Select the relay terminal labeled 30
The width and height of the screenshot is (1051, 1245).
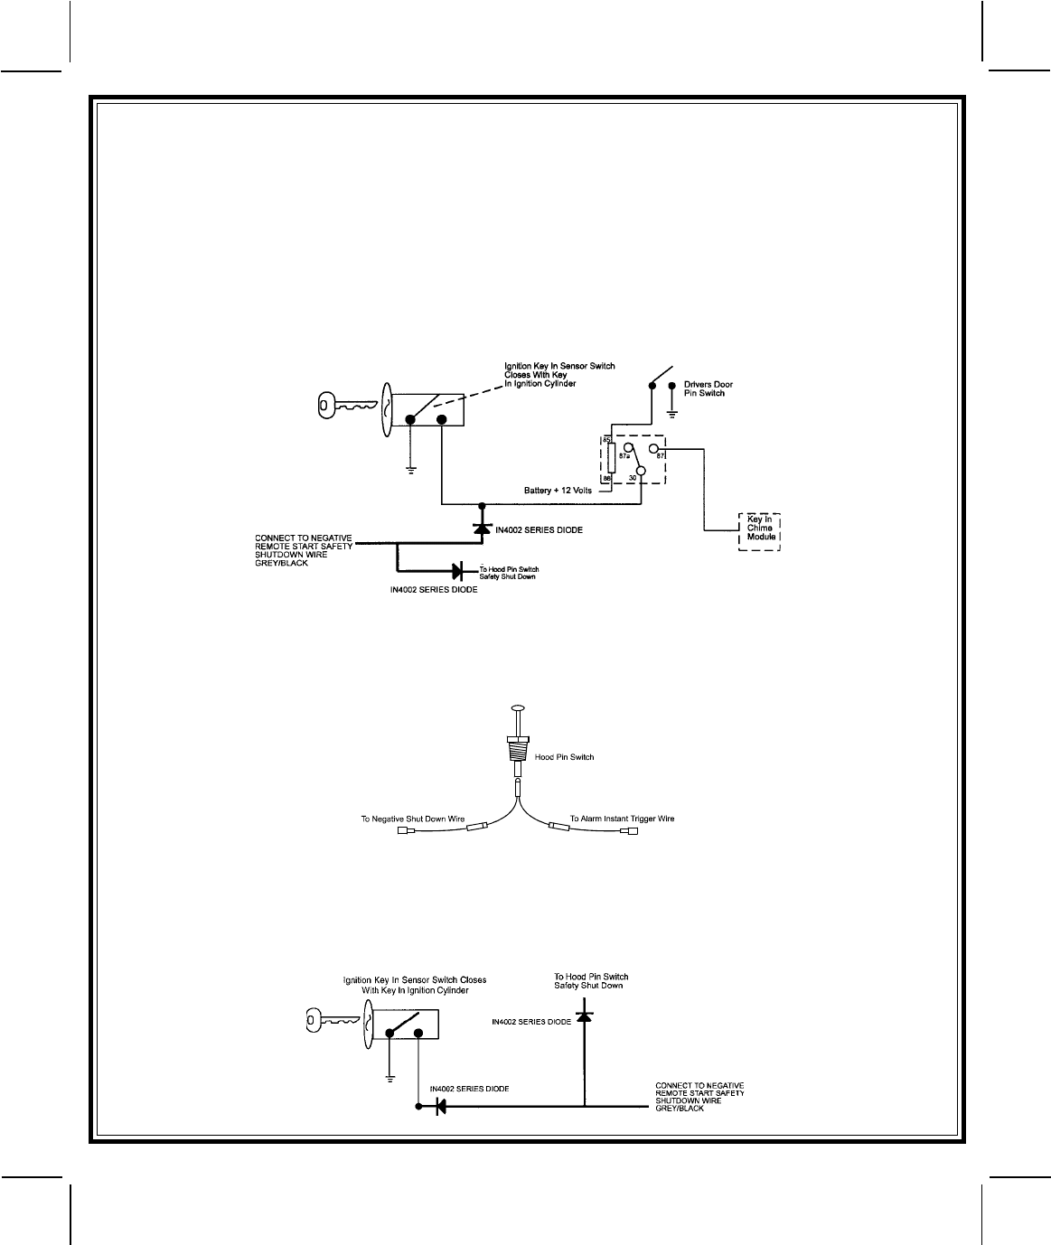[x=640, y=470]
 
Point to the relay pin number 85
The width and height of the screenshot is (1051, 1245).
[x=607, y=440]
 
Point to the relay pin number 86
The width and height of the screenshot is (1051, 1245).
[x=607, y=478]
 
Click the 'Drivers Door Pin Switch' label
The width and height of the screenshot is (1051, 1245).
[x=704, y=388]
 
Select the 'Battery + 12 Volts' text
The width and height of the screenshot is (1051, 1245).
[x=558, y=491]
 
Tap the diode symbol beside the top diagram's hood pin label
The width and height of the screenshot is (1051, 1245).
[x=456, y=571]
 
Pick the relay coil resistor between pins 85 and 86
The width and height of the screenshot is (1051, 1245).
[x=611, y=459]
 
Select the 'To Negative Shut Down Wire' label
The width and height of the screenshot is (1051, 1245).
[x=412, y=819]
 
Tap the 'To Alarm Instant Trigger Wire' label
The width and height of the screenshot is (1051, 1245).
[x=622, y=819]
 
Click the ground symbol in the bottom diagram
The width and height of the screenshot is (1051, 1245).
[x=389, y=1077]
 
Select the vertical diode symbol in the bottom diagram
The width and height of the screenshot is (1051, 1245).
[x=584, y=1017]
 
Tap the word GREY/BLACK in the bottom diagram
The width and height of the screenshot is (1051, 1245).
[x=680, y=1108]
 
